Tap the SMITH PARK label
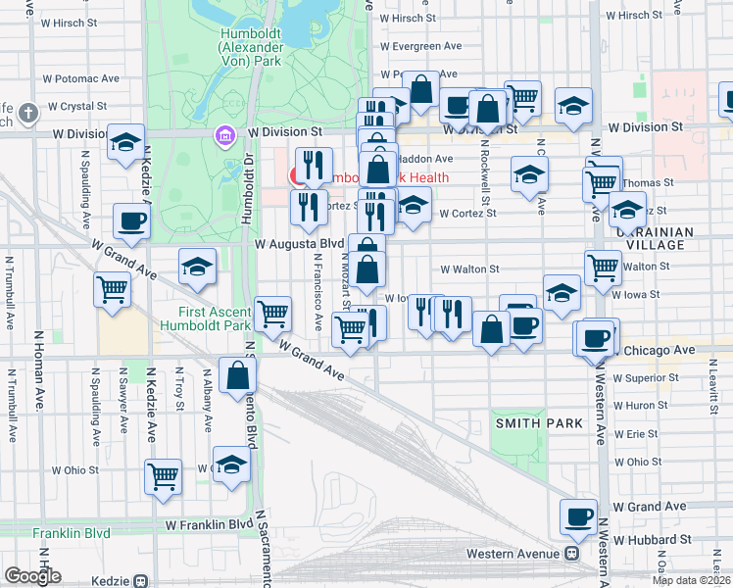tap(539, 423)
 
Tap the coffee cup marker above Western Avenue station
tap(578, 516)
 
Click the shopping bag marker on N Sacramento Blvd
tap(238, 376)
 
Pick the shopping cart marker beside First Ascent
tap(273, 314)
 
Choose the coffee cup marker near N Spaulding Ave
tap(131, 221)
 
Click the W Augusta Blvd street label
tap(299, 242)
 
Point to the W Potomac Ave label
tap(80, 78)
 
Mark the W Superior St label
tap(646, 377)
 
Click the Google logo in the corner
tap(32, 575)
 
